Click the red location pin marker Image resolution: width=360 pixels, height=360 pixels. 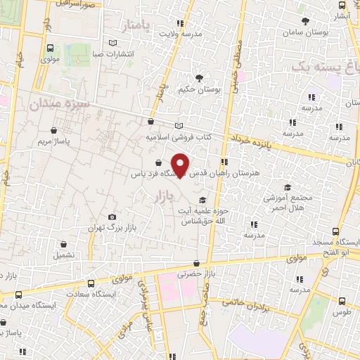point(181,165)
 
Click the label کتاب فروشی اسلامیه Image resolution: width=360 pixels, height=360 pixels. point(174,138)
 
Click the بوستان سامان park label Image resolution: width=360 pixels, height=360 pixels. point(304,33)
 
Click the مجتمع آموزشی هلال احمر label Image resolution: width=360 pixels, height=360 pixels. point(287,203)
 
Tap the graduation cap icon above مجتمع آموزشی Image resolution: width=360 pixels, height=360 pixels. point(287,187)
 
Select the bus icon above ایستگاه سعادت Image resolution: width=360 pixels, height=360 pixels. point(91,283)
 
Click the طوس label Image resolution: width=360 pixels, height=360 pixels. point(343,311)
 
